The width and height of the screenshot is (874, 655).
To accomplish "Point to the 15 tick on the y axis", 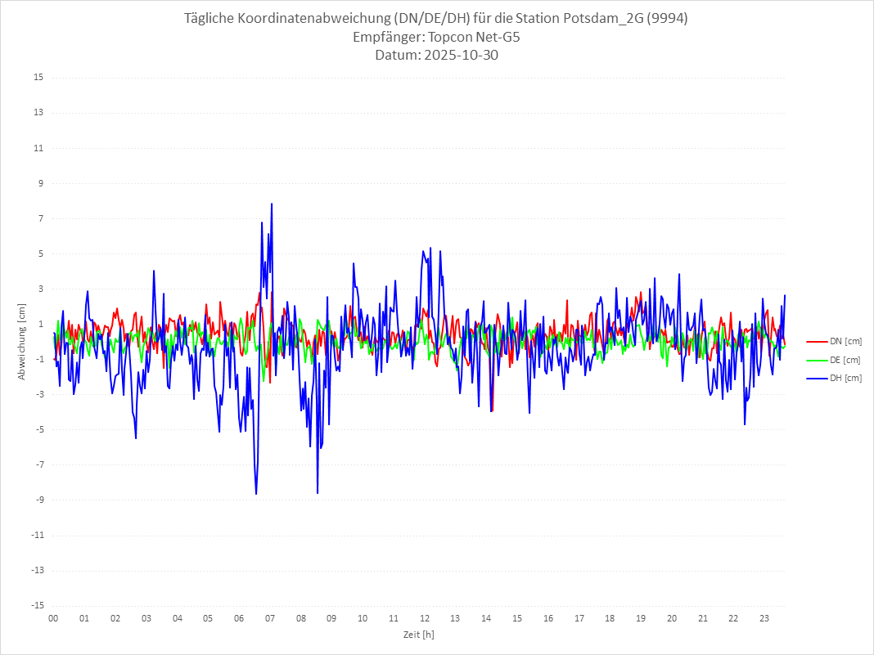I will pyautogui.click(x=38, y=78).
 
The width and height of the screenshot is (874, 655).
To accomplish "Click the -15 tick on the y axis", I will pyautogui.click(x=37, y=605).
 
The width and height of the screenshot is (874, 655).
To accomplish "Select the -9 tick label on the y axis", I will pyautogui.click(x=38, y=500).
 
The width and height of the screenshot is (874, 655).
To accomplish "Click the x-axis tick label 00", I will pyautogui.click(x=53, y=618).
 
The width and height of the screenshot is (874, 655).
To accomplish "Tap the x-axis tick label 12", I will pyautogui.click(x=425, y=618).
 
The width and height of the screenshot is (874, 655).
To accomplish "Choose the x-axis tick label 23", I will pyautogui.click(x=764, y=618).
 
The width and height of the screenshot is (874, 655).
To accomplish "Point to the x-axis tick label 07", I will pyautogui.click(x=270, y=618).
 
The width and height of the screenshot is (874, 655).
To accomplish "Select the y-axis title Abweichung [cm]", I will pyautogui.click(x=22, y=342).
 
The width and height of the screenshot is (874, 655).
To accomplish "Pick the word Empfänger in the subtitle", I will pyautogui.click(x=388, y=38).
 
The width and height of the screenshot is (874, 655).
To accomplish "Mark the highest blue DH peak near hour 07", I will pyautogui.click(x=272, y=204).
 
